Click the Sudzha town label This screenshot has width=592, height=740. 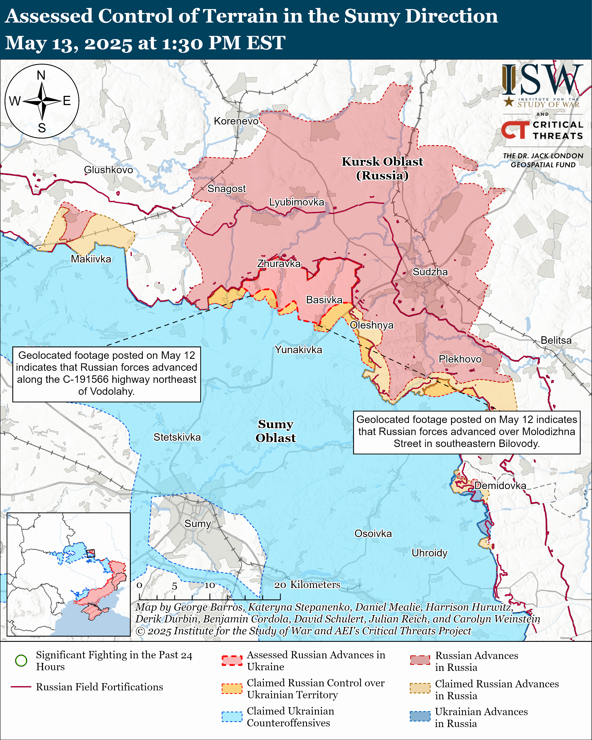(430, 272)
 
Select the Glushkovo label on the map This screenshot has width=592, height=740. (108, 170)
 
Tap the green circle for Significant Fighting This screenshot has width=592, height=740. (21, 660)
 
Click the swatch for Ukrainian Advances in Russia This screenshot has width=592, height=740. (420, 716)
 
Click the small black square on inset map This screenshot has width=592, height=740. (90, 553)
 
